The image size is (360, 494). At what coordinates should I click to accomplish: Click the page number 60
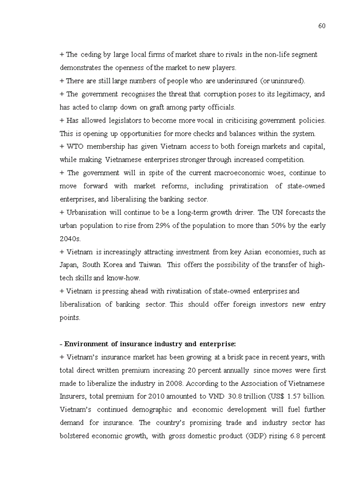(x=321, y=26)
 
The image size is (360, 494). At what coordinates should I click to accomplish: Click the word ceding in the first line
(x=90, y=55)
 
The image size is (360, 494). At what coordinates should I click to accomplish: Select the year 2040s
(x=70, y=239)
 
